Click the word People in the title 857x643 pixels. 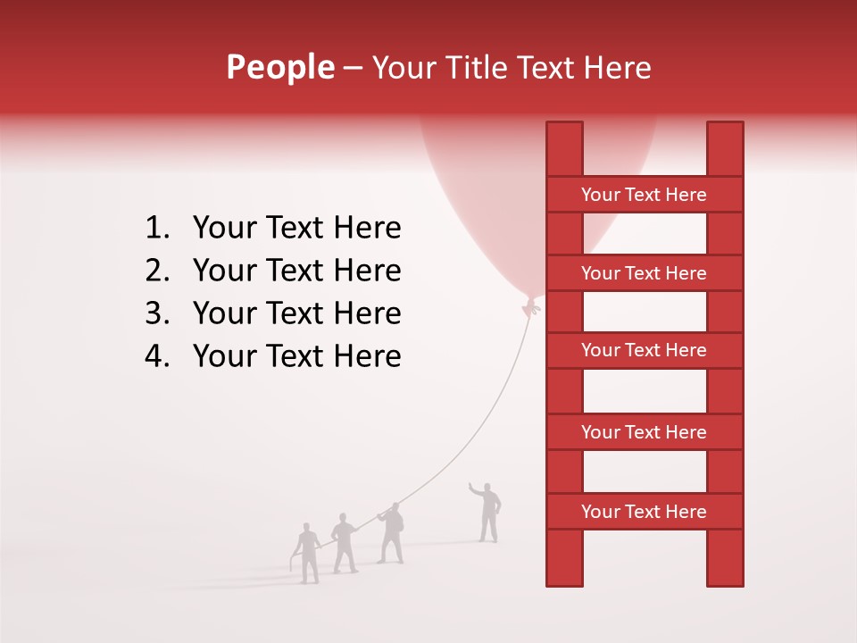[279, 68]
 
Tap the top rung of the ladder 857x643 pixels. [644, 195]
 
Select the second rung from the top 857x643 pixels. [644, 273]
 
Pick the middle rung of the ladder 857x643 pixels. [644, 350]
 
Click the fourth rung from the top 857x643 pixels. [644, 432]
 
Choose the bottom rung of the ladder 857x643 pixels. [644, 512]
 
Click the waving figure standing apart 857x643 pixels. [487, 513]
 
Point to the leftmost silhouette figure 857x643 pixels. [307, 554]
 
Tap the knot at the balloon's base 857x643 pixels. [532, 307]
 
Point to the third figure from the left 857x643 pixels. [391, 534]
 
